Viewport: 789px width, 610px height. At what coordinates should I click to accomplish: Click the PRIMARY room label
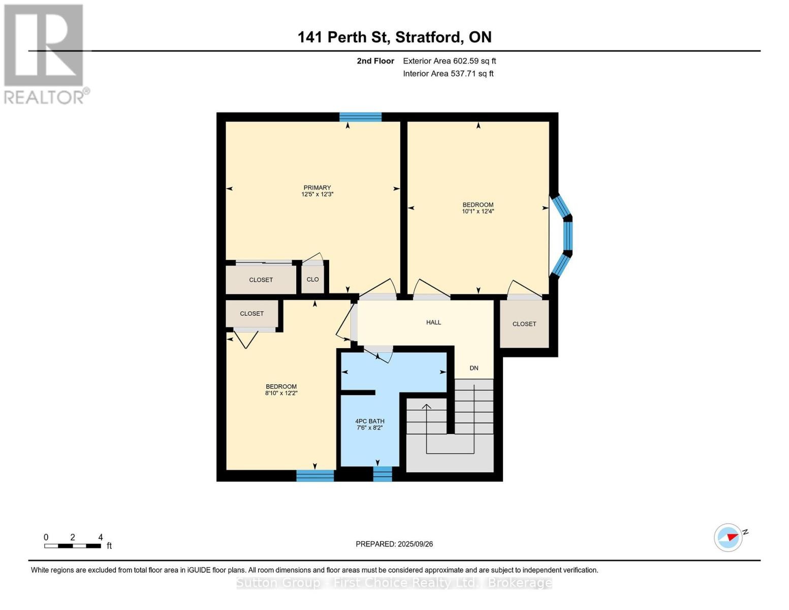pos(317,188)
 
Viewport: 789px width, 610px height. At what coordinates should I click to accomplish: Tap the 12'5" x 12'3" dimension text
pos(317,194)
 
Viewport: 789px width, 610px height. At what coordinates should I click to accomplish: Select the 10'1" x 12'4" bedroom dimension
pos(478,211)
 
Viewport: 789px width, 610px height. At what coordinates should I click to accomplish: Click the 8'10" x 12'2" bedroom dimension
pos(281,393)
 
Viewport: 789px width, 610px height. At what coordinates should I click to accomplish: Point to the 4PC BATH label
pos(369,421)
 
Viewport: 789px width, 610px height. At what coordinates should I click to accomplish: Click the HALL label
pos(433,322)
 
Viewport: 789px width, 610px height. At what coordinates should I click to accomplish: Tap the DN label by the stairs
pos(474,368)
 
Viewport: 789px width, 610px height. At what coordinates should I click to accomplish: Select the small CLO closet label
pos(312,280)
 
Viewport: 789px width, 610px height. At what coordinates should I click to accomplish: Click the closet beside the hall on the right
pos(524,324)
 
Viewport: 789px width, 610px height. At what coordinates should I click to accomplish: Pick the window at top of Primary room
pos(360,117)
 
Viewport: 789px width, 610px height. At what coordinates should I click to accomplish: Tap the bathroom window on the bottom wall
pos(383,474)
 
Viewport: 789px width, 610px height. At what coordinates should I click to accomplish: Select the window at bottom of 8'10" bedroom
pos(315,476)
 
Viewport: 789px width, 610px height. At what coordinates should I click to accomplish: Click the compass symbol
pos(729,537)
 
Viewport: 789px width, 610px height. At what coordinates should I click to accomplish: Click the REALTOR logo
pos(45,53)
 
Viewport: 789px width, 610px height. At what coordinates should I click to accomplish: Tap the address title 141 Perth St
pos(394,37)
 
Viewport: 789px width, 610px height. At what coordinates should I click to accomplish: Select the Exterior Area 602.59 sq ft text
pos(449,61)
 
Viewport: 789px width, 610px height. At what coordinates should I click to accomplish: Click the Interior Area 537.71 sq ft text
pos(448,74)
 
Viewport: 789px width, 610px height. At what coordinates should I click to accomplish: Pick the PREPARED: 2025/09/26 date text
pos(394,544)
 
